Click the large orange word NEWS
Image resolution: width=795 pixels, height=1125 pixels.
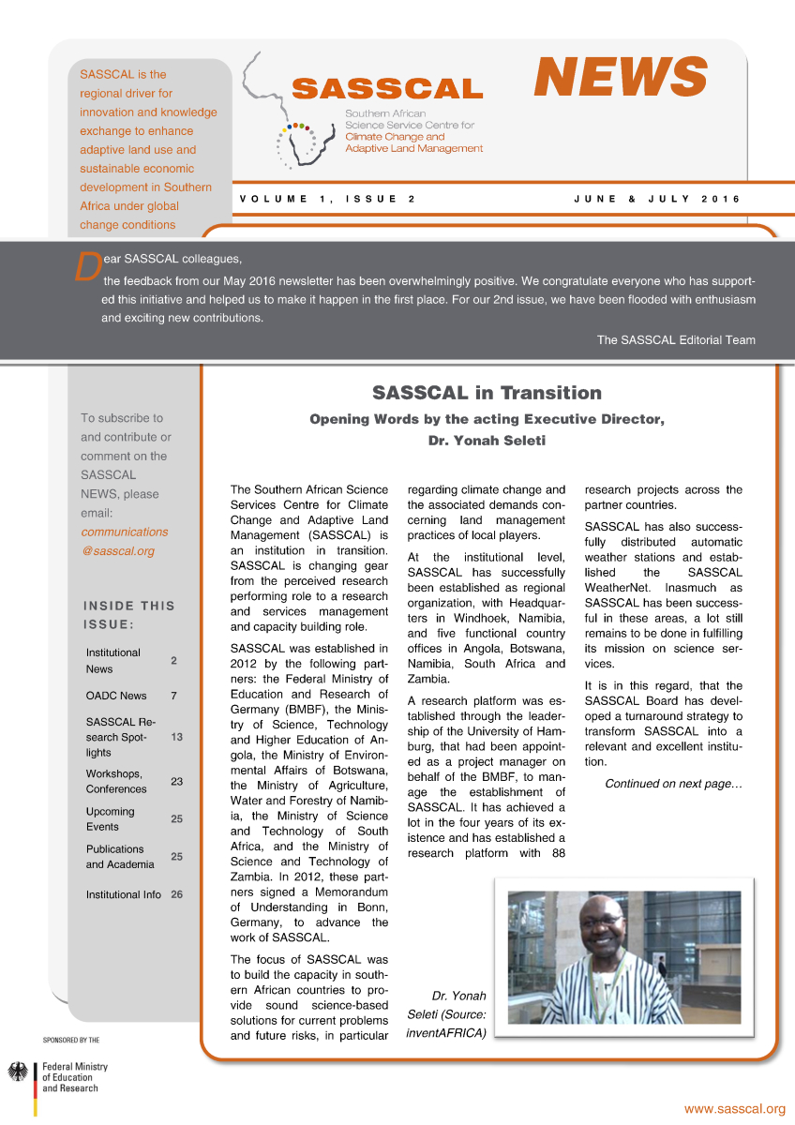tap(620, 76)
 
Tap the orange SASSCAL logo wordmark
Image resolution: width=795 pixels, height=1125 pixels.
tap(387, 89)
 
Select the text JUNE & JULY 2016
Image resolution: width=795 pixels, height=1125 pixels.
tap(656, 199)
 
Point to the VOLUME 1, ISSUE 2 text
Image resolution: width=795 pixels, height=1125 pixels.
tap(327, 199)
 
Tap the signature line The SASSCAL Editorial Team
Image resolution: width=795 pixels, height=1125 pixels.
tap(676, 339)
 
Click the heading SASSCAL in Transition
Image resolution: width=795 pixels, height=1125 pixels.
tap(487, 392)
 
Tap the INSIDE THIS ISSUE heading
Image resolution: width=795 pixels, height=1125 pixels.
tap(129, 614)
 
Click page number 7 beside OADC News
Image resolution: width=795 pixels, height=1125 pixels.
tap(173, 696)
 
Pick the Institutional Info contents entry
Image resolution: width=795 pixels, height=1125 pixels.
tap(124, 894)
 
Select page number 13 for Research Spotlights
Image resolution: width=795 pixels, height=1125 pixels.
tap(176, 737)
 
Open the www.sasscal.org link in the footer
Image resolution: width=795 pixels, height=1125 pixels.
tap(734, 1109)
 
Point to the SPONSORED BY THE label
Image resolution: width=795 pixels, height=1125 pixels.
tap(71, 1040)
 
